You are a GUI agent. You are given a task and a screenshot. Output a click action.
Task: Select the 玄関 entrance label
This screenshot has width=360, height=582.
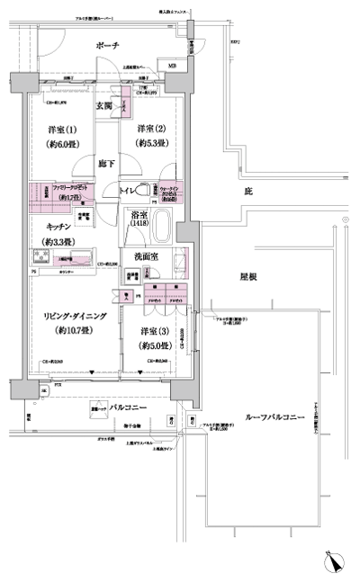(x=104, y=105)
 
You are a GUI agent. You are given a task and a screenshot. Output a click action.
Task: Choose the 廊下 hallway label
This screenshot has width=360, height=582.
(x=107, y=165)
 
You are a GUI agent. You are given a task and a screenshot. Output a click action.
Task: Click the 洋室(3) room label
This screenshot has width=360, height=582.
(x=155, y=332)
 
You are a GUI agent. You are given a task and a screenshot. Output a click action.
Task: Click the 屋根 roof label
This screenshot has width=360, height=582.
(x=249, y=277)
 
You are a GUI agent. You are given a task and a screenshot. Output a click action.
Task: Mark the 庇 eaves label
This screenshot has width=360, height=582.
(x=247, y=192)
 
